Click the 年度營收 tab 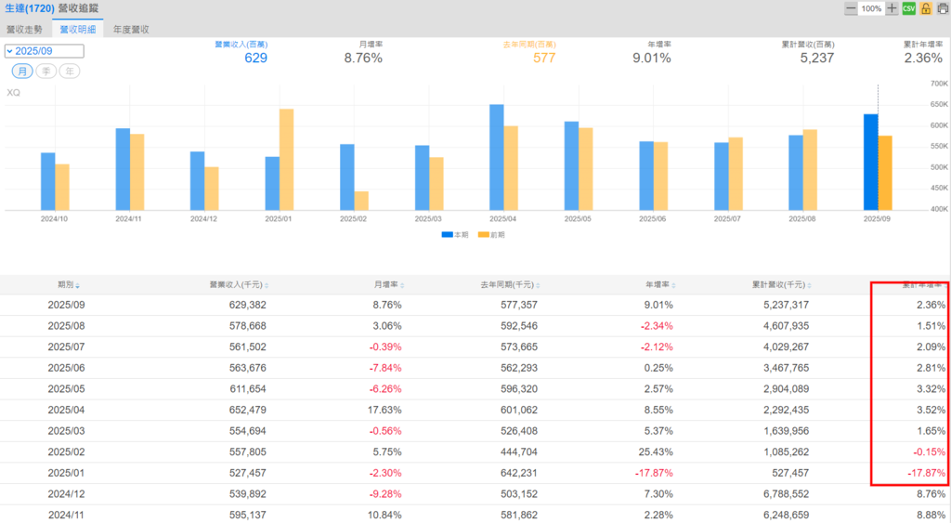[131, 29]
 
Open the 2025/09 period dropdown [44, 51]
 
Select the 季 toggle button [46, 72]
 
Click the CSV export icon [908, 8]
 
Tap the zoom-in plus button [892, 8]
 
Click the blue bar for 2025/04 [497, 156]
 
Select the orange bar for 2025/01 [286, 159]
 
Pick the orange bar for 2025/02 [361, 200]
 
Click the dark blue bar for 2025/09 [870, 162]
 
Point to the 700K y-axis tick [938, 84]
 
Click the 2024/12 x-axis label [204, 218]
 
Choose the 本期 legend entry [455, 235]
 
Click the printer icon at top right [943, 8]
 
